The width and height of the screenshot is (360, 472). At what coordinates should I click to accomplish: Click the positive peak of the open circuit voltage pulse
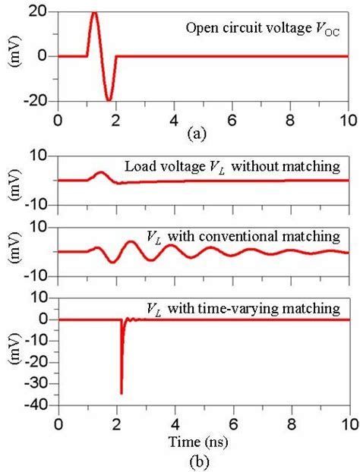[93, 13]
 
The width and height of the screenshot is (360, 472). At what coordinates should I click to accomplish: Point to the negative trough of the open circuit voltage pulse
[109, 99]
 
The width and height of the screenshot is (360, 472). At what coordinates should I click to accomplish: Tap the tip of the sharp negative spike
[122, 393]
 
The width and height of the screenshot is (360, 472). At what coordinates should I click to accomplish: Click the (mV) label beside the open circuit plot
[12, 56]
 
